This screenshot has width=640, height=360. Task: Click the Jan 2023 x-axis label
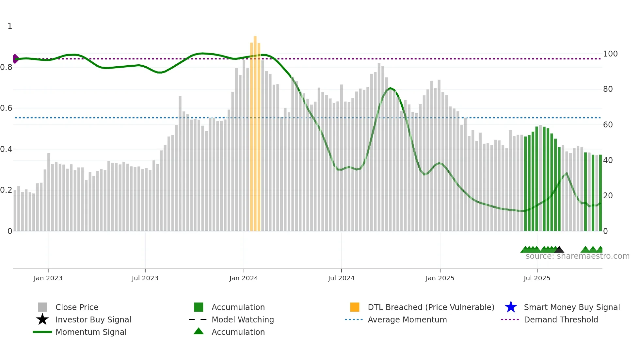click(48, 278)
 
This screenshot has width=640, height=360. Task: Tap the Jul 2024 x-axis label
click(341, 278)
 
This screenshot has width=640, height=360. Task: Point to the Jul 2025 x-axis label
click(537, 278)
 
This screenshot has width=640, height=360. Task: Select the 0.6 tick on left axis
click(6, 108)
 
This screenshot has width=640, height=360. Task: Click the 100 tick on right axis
click(610, 54)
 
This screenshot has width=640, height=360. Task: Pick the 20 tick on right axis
click(608, 196)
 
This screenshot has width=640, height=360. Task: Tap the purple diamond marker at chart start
click(15, 59)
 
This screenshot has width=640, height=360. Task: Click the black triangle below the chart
click(559, 250)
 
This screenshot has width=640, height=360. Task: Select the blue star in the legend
click(511, 307)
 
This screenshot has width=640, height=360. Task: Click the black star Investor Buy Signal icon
click(42, 319)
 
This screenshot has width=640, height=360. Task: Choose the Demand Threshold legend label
click(561, 319)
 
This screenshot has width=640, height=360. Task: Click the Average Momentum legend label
click(407, 319)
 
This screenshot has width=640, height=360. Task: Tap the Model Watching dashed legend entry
click(198, 319)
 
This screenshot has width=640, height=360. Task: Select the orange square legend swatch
click(355, 307)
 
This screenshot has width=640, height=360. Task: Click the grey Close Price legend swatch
click(42, 307)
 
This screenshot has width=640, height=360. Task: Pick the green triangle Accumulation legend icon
click(199, 331)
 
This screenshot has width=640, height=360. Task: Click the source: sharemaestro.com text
click(577, 256)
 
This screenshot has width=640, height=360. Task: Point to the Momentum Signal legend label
click(91, 332)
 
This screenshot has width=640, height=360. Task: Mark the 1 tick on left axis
click(10, 26)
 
